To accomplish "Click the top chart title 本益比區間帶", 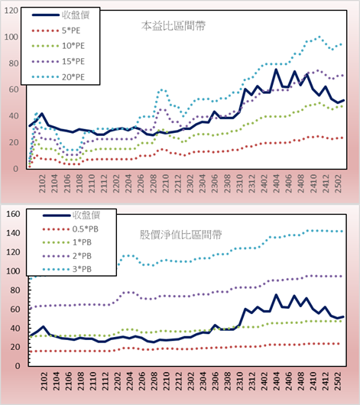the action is point(174,26).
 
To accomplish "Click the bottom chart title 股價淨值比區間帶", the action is point(180,235).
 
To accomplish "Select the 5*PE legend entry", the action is point(56,31).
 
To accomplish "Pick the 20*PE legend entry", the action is point(58,77).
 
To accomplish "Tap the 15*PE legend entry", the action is point(58,61).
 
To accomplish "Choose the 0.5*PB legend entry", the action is point(70,229).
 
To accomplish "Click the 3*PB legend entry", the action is point(67,269).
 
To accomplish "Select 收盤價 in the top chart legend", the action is point(60,15).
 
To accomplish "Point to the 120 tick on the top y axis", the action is point(11,11).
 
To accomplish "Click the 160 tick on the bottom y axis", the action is point(13,214).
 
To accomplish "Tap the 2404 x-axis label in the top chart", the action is point(277,183).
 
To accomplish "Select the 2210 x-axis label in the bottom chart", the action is point(166,381).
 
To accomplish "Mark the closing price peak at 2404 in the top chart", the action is point(276,70).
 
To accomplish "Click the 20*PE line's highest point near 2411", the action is point(319,37).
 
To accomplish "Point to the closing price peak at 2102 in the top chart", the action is point(41,113).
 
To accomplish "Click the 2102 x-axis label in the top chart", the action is point(42,183).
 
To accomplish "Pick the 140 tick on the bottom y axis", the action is point(13,233).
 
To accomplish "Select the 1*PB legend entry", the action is point(67,242).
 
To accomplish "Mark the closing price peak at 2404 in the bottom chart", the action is point(276,295).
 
